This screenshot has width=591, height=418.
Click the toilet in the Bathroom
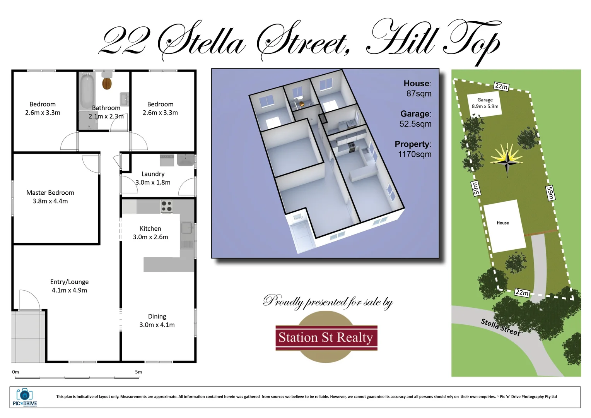[x=107, y=82]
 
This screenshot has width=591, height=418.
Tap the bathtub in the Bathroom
[x=87, y=92]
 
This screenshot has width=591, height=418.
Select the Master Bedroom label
[x=50, y=197]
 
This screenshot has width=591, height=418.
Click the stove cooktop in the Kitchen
[x=166, y=206]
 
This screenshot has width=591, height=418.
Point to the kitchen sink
[x=187, y=228]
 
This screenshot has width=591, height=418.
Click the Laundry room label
[x=153, y=178]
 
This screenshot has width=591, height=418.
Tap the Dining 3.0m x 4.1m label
[x=157, y=320]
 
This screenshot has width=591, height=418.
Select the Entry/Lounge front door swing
[x=29, y=300]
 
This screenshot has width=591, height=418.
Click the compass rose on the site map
[x=507, y=159]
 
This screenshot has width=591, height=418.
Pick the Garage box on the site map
[x=485, y=103]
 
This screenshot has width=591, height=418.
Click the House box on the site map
[x=504, y=226]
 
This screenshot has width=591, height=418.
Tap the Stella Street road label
[x=500, y=327]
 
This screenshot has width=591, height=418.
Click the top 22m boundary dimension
[x=501, y=86]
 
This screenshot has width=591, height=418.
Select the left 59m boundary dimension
[x=475, y=188]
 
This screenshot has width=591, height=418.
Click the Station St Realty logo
[x=326, y=337]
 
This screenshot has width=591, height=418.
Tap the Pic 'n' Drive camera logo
[x=24, y=397]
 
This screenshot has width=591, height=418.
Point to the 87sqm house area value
[x=418, y=94]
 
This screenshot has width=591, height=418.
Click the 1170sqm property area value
[x=415, y=154]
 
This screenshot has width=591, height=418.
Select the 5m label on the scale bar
[x=138, y=372]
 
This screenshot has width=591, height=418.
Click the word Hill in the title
[x=402, y=39]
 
